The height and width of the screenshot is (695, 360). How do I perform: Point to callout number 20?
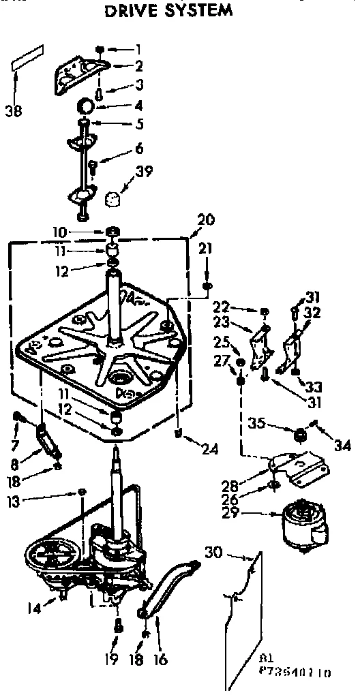pyautogui.click(x=205, y=220)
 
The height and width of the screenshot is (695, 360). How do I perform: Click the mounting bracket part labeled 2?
pyautogui.click(x=82, y=72)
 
